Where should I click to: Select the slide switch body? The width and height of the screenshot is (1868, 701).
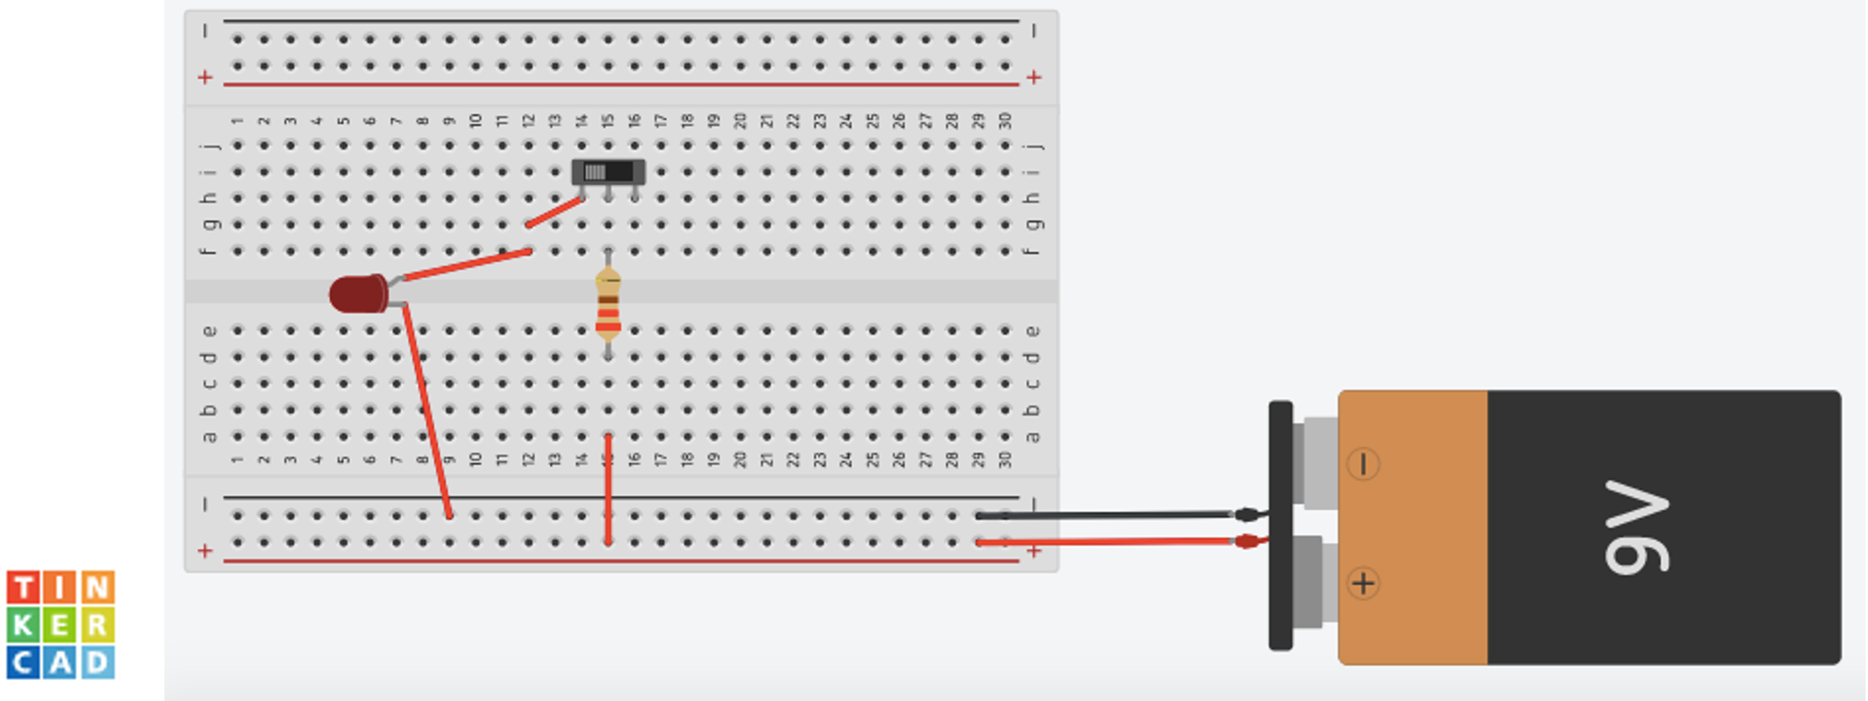[x=608, y=172]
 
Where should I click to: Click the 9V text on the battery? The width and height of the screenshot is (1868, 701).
[x=1636, y=527]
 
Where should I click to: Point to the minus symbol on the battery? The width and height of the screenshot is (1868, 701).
[x=1363, y=464]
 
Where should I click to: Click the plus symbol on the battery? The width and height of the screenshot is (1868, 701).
[x=1363, y=583]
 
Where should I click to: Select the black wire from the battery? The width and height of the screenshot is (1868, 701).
[x=1102, y=515]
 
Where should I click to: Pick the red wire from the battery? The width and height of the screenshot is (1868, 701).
[x=1102, y=541]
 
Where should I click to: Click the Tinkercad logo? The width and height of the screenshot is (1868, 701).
[x=62, y=625]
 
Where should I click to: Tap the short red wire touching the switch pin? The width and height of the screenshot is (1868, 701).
[x=555, y=212]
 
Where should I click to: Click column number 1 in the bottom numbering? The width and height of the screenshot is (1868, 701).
[x=237, y=459]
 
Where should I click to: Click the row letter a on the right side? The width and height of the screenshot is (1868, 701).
[x=1033, y=437]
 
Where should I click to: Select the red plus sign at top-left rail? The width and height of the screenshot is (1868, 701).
[x=205, y=77]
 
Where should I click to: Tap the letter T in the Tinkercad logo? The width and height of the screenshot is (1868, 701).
[x=23, y=587]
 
